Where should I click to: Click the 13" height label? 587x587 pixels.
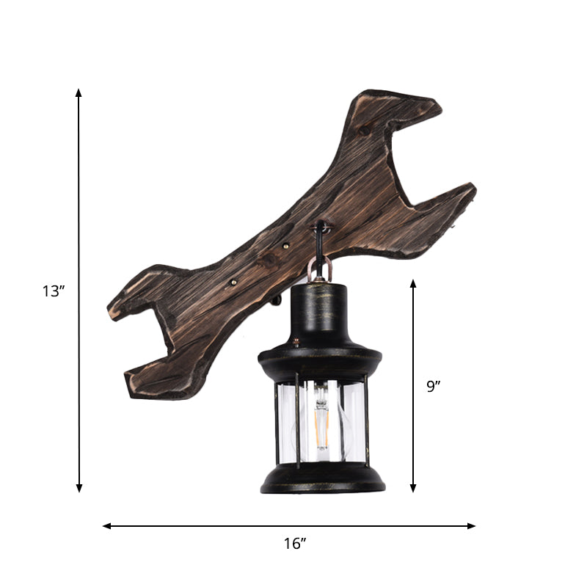point(54,291)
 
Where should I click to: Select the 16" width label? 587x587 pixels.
point(294,544)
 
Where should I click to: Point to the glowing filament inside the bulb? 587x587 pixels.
point(321,428)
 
